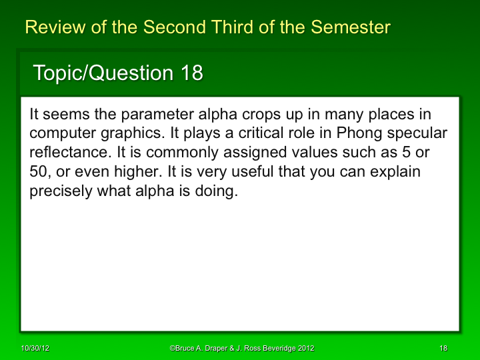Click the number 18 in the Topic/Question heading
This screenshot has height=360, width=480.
pos(191,73)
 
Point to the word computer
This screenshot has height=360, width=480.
pos(58,133)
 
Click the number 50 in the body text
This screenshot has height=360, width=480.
pos(39,171)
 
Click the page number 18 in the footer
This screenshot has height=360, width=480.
pos(443,349)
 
